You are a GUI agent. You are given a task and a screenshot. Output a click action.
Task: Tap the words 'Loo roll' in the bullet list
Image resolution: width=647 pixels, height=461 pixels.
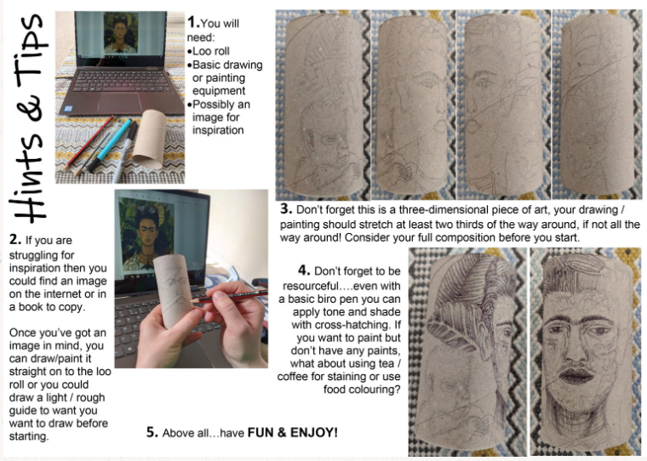pyautogui.click(x=211, y=51)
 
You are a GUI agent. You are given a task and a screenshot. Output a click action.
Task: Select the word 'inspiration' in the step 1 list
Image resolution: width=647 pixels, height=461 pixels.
pyautogui.click(x=218, y=130)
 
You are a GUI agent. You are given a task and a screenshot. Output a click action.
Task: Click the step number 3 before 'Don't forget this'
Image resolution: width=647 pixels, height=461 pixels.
pyautogui.click(x=286, y=208)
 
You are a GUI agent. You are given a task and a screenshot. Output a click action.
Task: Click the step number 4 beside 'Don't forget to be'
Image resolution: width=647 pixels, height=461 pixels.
pyautogui.click(x=304, y=270)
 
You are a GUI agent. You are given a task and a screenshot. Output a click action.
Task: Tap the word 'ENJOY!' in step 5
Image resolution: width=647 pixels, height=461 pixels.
pyautogui.click(x=314, y=432)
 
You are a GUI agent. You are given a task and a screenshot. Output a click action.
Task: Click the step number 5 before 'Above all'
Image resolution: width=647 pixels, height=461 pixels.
pyautogui.click(x=152, y=432)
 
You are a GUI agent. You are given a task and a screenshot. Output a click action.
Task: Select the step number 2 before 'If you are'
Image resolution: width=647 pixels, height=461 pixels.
pyautogui.click(x=15, y=240)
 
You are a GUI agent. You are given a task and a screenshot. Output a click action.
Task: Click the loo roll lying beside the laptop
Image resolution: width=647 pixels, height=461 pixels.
pyautogui.click(x=149, y=139)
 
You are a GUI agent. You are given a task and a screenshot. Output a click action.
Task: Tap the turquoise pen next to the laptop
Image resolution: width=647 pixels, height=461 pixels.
pyautogui.click(x=111, y=145)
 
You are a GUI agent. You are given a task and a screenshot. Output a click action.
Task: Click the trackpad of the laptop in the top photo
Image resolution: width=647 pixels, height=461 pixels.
pyautogui.click(x=120, y=102)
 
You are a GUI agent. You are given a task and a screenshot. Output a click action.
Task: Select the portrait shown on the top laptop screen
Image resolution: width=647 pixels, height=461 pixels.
pyautogui.click(x=121, y=33)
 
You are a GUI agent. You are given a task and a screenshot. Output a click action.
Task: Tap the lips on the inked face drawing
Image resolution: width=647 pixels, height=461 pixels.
pyautogui.click(x=575, y=376)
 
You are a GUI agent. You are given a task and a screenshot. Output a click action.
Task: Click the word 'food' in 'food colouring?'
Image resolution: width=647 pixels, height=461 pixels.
pyautogui.click(x=335, y=390)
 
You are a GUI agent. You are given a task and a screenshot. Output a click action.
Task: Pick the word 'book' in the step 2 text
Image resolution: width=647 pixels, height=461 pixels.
pyautogui.click(x=30, y=307)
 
